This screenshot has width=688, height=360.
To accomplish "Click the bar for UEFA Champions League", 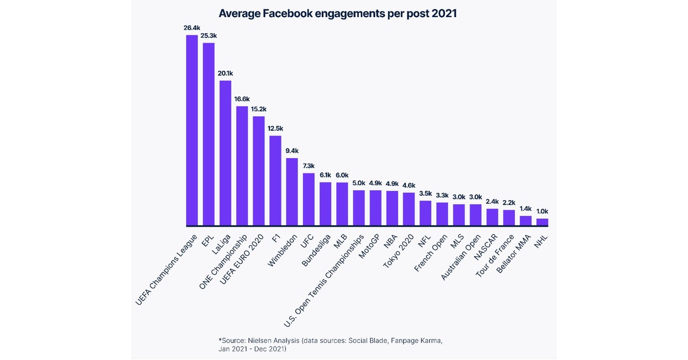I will click(x=192, y=131).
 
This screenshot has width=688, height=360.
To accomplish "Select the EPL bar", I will click(x=209, y=134).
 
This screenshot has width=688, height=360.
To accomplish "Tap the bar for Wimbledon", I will click(x=292, y=192).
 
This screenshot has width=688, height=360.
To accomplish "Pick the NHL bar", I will click(x=542, y=222).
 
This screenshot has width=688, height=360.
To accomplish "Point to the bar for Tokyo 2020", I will click(x=409, y=209).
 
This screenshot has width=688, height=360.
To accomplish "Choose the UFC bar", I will click(x=309, y=200).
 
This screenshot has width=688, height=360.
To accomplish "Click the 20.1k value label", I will click(x=226, y=73).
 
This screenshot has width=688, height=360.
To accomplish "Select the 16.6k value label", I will click(x=242, y=99).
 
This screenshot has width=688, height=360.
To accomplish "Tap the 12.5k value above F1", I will click(x=275, y=128).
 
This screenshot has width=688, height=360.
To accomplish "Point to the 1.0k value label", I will click(x=543, y=211).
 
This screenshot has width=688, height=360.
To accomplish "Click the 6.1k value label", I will click(x=325, y=175).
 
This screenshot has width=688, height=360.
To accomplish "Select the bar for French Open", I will click(x=442, y=214).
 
